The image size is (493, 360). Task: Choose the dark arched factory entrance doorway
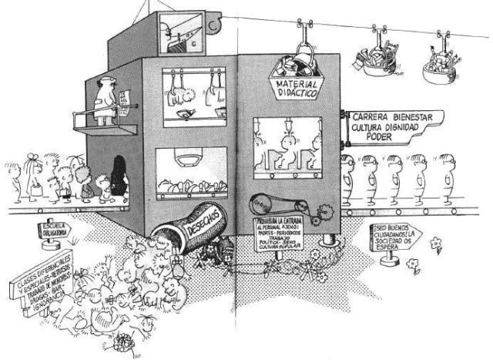[x=119, y=175]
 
